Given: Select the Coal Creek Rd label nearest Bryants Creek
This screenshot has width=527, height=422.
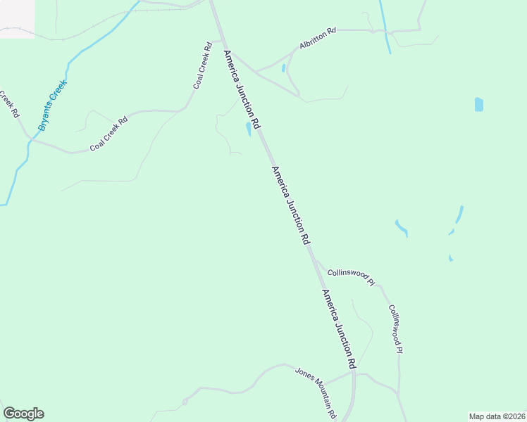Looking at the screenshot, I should pos(108,134).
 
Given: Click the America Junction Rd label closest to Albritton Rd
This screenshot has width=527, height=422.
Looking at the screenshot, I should pos(242,89).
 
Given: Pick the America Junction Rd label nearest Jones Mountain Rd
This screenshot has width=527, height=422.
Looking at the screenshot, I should pos(339,329).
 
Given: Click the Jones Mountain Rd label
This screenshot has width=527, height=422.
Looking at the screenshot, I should pos(316,392).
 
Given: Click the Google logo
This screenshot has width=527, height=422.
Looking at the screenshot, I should pos(23,414).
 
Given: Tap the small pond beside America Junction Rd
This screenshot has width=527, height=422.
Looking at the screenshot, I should pos(249,129).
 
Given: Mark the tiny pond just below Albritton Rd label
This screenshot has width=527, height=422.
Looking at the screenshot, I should pos(283,68).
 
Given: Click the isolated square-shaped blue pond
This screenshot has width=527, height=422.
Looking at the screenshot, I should pos(479,104).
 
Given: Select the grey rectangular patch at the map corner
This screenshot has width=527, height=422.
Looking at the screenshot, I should pos(17,18).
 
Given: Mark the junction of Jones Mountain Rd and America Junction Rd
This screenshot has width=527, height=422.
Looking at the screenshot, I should pos(354,373).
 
